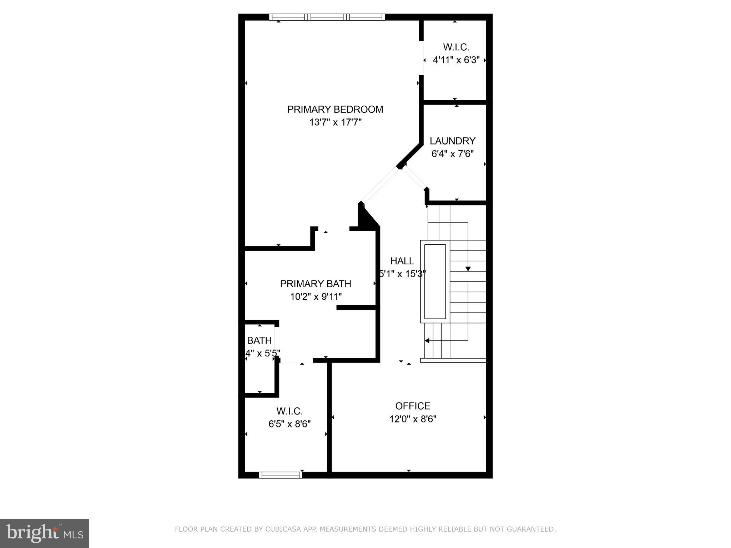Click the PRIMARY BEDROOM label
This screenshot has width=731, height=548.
335,109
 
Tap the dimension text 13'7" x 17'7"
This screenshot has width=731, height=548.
335,122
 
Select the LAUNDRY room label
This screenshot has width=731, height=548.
452,141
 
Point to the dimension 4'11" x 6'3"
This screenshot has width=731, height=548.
456,60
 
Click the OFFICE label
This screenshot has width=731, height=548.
413,406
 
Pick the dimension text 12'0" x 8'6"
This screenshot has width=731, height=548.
413,419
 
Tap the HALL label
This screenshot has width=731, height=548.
402,261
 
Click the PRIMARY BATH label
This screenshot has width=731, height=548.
316,284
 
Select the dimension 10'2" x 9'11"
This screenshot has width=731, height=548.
316,297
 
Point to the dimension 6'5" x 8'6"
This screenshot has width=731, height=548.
289,424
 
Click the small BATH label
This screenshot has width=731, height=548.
259,340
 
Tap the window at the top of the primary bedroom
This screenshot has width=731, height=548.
327,17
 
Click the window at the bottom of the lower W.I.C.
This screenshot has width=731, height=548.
280,475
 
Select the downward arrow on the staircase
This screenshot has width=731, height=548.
468,268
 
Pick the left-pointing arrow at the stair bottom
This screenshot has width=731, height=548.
427,341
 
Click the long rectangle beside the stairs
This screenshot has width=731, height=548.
435,281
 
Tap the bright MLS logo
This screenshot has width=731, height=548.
44,533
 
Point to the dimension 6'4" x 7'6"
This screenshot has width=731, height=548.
452,154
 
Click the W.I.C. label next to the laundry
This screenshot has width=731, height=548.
456,47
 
